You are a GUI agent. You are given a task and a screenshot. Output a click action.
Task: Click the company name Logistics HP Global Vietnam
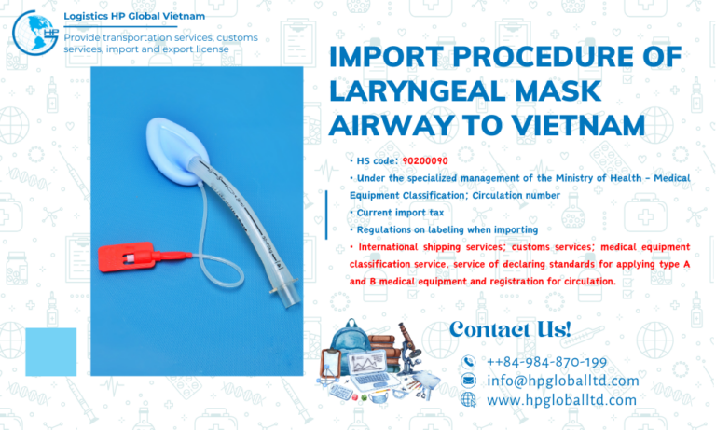[134, 16]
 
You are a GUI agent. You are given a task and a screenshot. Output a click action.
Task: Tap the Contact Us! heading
[509, 328]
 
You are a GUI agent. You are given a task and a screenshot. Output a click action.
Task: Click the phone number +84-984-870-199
[546, 362]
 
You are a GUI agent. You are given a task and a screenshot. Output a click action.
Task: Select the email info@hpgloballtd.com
[563, 381]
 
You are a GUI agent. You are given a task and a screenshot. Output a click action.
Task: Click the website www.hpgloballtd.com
[561, 399]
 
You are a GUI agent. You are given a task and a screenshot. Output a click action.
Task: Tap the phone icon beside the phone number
[469, 362]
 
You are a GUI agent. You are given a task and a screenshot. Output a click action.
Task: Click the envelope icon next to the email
[469, 381]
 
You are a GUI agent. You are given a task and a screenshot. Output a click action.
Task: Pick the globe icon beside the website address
[469, 399]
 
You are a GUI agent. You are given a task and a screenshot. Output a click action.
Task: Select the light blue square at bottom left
[50, 352]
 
